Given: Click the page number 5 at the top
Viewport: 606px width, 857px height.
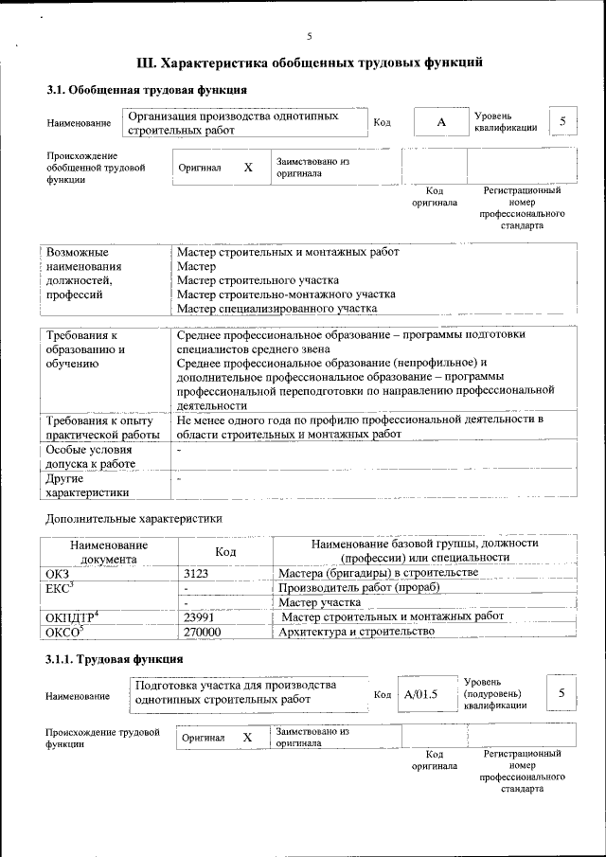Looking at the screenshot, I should click(x=309, y=37).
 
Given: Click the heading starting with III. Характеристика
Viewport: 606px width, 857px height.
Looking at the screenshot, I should click(x=310, y=63).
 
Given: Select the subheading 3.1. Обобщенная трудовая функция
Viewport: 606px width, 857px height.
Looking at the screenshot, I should click(x=147, y=90).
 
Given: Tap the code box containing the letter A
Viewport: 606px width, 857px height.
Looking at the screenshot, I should click(x=440, y=123).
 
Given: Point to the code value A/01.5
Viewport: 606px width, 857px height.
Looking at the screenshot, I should click(x=422, y=694).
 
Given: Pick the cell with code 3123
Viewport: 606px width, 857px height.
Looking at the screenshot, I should click(x=195, y=574).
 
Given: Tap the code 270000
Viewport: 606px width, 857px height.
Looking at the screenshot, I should click(x=202, y=632).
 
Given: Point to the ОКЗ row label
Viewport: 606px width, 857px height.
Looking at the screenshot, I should click(x=57, y=574).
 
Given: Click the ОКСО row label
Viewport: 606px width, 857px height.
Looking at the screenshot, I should click(x=64, y=632).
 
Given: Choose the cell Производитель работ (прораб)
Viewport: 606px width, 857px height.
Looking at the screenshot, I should click(x=359, y=587).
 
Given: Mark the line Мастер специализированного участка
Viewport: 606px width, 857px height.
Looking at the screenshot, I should click(x=276, y=309).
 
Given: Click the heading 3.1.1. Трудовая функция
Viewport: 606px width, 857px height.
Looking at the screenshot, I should click(x=115, y=658).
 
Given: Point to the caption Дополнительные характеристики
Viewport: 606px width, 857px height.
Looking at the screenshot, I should click(x=134, y=519).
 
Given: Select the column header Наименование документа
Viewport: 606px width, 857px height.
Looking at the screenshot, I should click(x=108, y=551).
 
